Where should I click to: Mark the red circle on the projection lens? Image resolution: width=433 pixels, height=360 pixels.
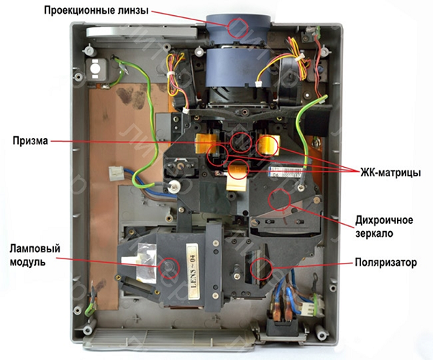[238, 26]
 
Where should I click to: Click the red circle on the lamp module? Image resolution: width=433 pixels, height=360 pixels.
[170, 269]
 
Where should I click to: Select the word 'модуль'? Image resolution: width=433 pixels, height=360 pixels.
[29, 262]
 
